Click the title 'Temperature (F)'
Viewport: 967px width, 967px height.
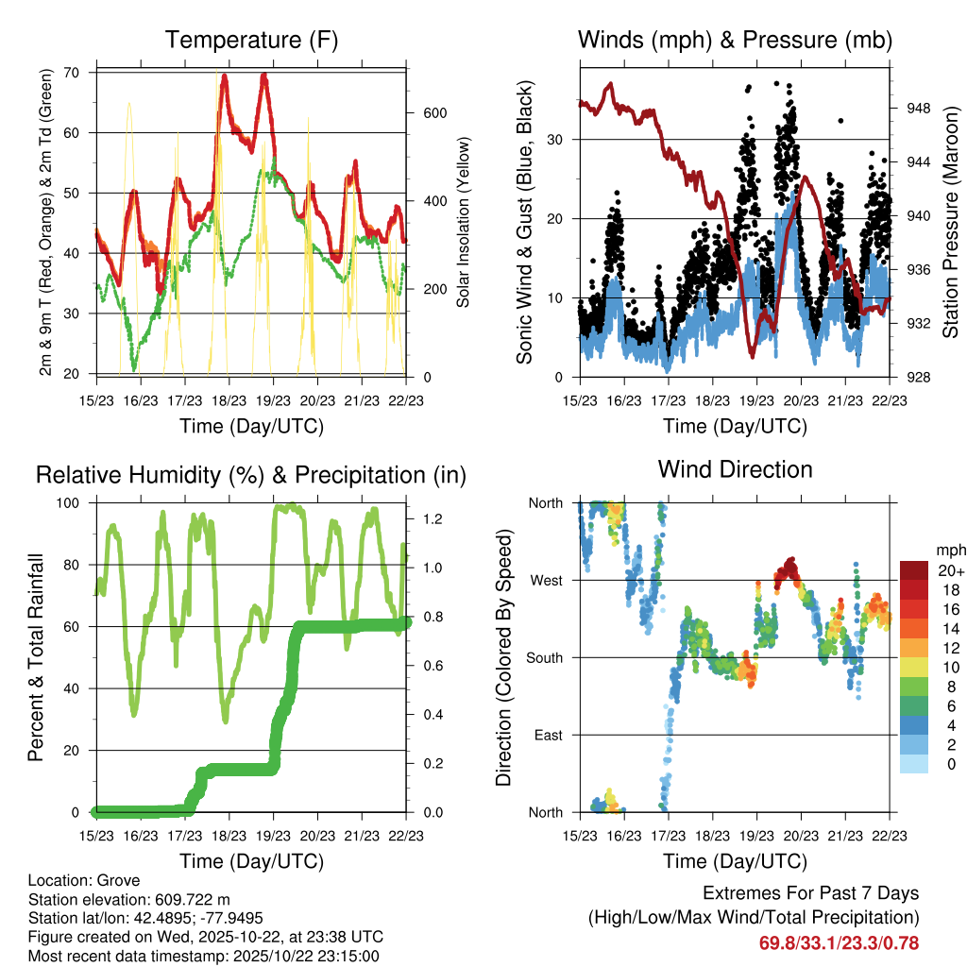pos(251,40)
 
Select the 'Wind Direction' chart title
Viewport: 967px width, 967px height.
pos(735,469)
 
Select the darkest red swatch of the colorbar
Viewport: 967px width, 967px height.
pos(914,570)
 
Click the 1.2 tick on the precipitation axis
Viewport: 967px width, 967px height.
pos(433,518)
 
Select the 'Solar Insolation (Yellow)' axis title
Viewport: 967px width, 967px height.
pos(464,222)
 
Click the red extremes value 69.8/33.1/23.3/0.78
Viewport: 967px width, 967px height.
pos(839,942)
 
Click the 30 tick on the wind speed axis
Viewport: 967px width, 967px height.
pos(557,140)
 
